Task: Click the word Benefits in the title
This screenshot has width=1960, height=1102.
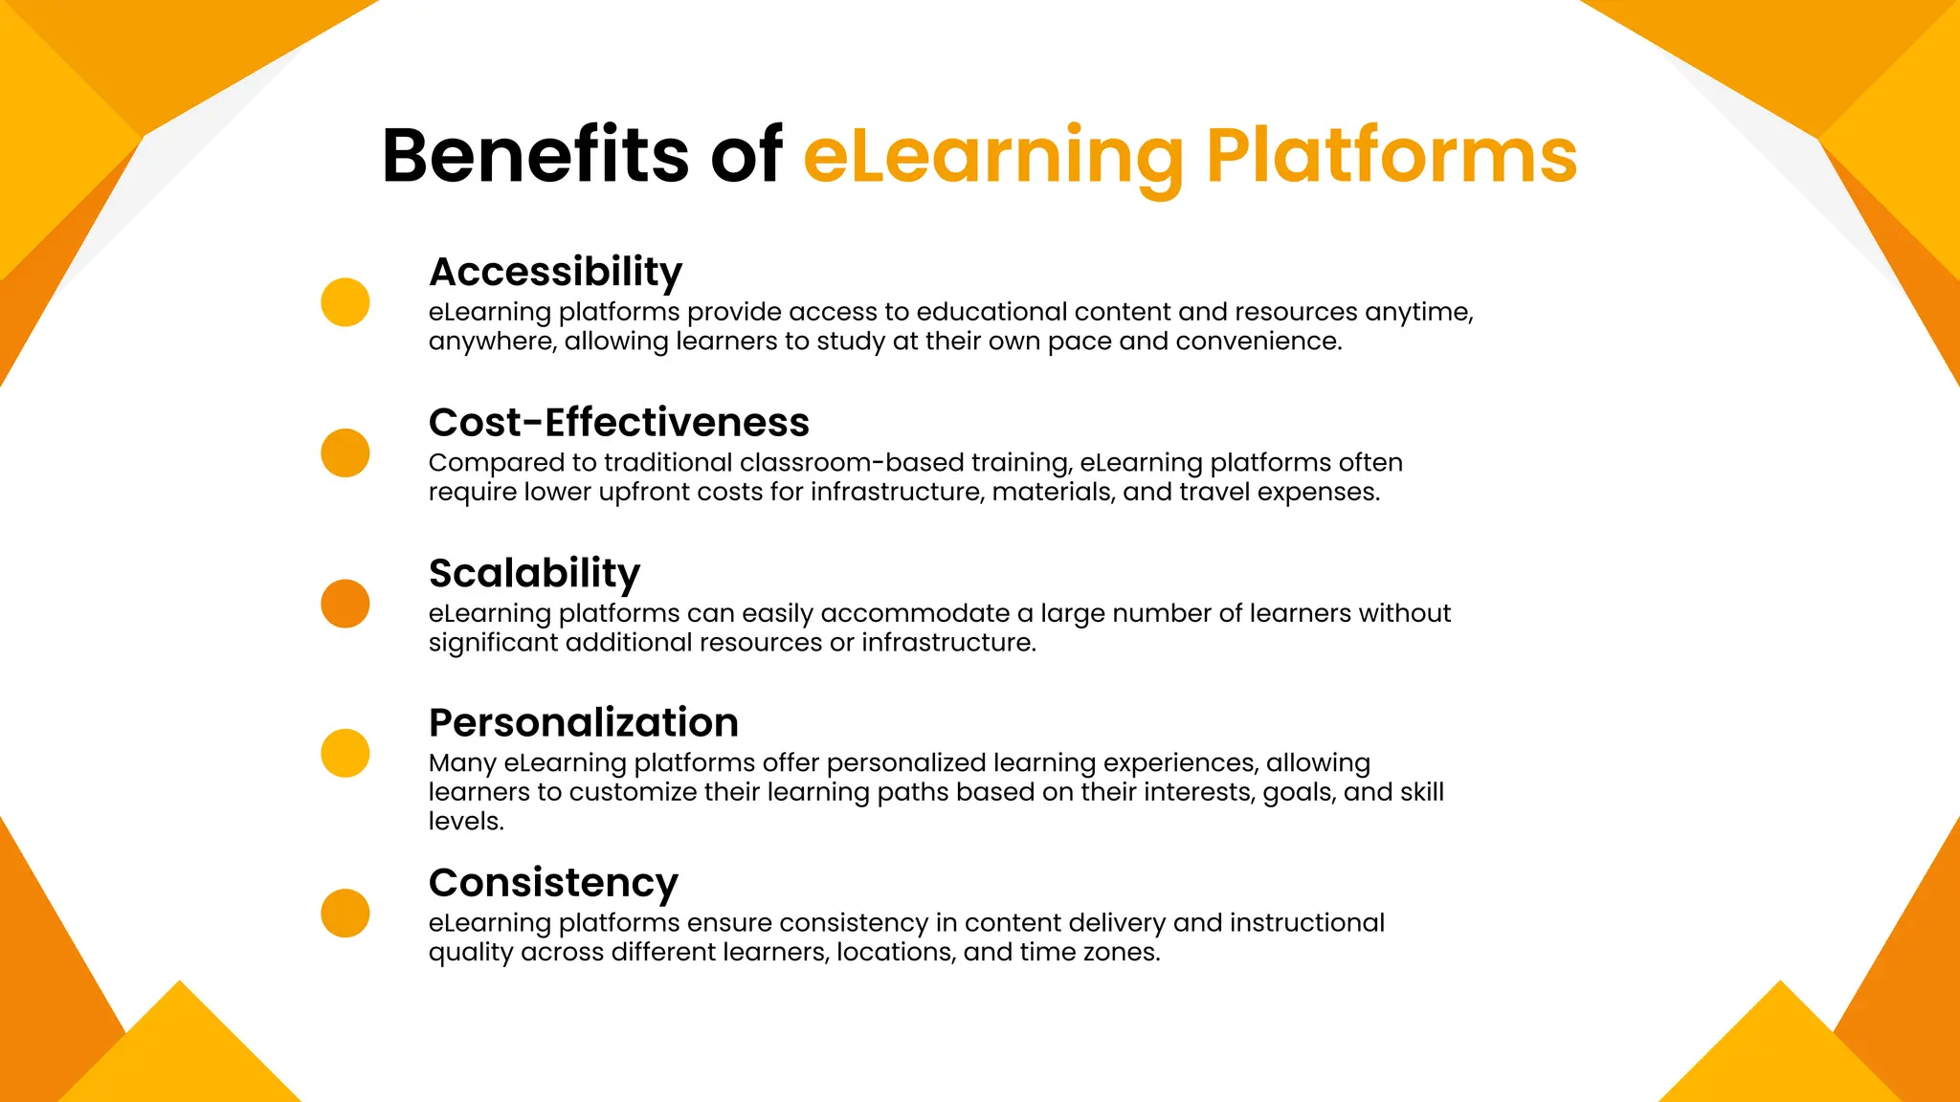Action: coord(534,155)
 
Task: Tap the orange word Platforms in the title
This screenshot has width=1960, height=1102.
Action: coord(1391,155)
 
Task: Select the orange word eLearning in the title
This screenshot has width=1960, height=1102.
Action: coord(992,157)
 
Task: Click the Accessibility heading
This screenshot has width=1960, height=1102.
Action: coord(555,273)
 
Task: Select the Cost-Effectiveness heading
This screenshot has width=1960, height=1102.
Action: coord(618,422)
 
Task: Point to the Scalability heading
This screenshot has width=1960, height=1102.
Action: coord(534,574)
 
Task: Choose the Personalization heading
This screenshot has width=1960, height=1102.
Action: coord(583,722)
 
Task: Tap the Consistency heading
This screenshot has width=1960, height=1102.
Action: coord(553,883)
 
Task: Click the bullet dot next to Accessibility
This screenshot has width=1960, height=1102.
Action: coord(345,302)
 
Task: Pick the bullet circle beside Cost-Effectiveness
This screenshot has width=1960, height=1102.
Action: coord(345,452)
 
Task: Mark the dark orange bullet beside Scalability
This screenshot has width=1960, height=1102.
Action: coord(345,604)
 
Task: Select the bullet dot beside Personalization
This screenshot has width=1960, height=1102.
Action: coord(345,753)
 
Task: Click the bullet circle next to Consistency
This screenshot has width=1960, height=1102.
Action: coord(345,913)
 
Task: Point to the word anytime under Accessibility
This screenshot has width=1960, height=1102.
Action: coord(1418,313)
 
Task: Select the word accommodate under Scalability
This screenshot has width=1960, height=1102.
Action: coord(915,613)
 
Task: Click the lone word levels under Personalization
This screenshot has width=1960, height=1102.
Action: coord(465,822)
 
